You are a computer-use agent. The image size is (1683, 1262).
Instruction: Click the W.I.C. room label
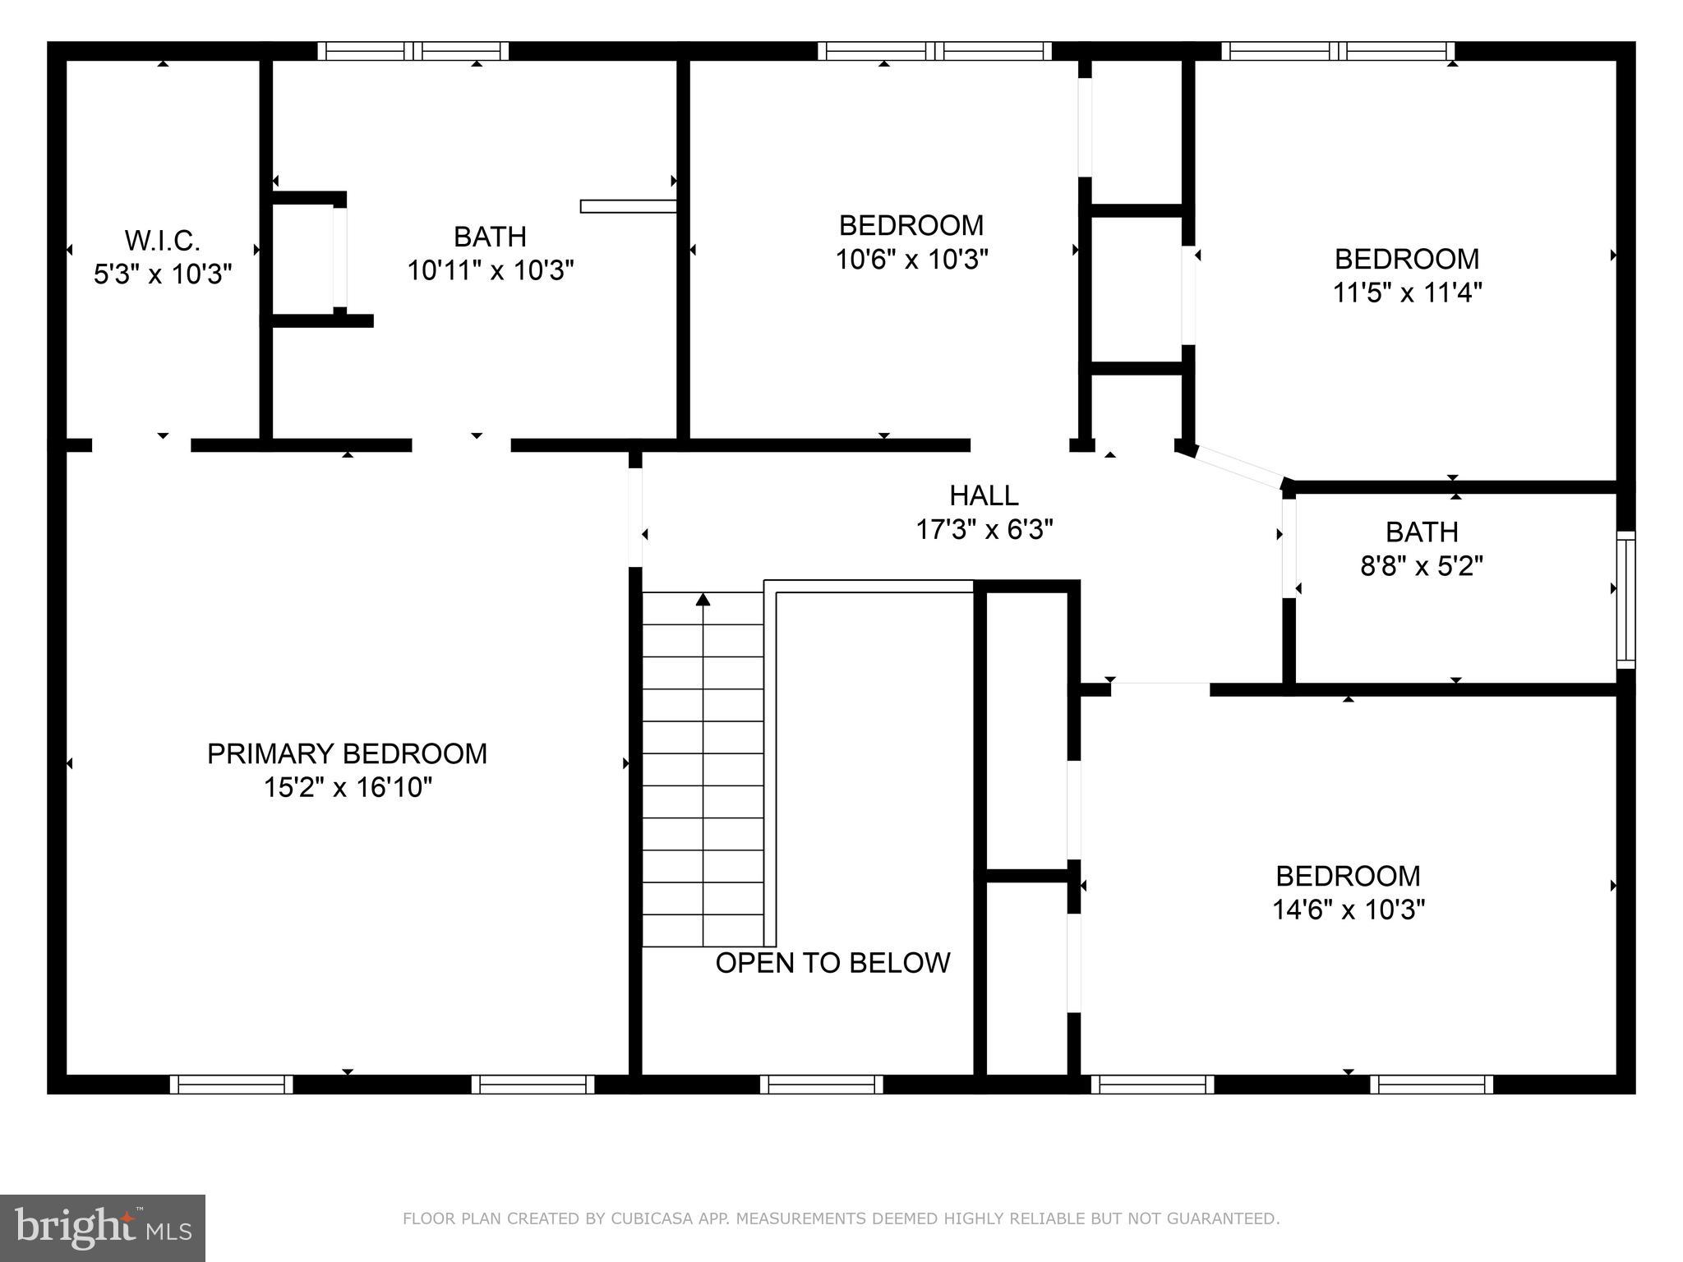(x=162, y=241)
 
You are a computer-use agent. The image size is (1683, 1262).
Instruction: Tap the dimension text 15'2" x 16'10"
(x=348, y=787)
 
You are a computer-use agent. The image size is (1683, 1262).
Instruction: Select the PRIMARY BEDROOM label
(x=347, y=753)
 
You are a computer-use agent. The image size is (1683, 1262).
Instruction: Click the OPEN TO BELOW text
(x=832, y=963)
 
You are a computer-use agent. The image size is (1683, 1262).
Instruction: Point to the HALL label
(x=984, y=495)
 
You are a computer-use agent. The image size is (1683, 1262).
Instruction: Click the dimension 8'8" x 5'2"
(x=1422, y=566)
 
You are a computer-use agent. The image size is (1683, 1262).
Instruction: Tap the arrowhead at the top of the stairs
(x=703, y=600)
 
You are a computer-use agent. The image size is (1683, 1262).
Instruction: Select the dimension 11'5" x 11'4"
(x=1407, y=292)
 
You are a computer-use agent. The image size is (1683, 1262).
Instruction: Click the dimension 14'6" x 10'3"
(x=1348, y=910)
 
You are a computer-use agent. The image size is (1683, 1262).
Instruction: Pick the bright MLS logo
(x=103, y=1227)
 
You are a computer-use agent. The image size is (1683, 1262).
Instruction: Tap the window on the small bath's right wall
(x=1625, y=600)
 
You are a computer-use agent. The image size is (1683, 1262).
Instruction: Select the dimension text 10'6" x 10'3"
(x=911, y=260)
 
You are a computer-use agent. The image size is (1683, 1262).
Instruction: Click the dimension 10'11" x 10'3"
(x=491, y=269)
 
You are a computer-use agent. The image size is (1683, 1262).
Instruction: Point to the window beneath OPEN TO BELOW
(x=821, y=1085)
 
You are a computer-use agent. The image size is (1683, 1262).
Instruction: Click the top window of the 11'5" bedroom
(x=1338, y=51)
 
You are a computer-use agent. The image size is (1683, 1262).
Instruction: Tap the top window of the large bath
(x=413, y=51)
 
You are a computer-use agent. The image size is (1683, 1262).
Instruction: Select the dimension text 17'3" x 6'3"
(x=984, y=530)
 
